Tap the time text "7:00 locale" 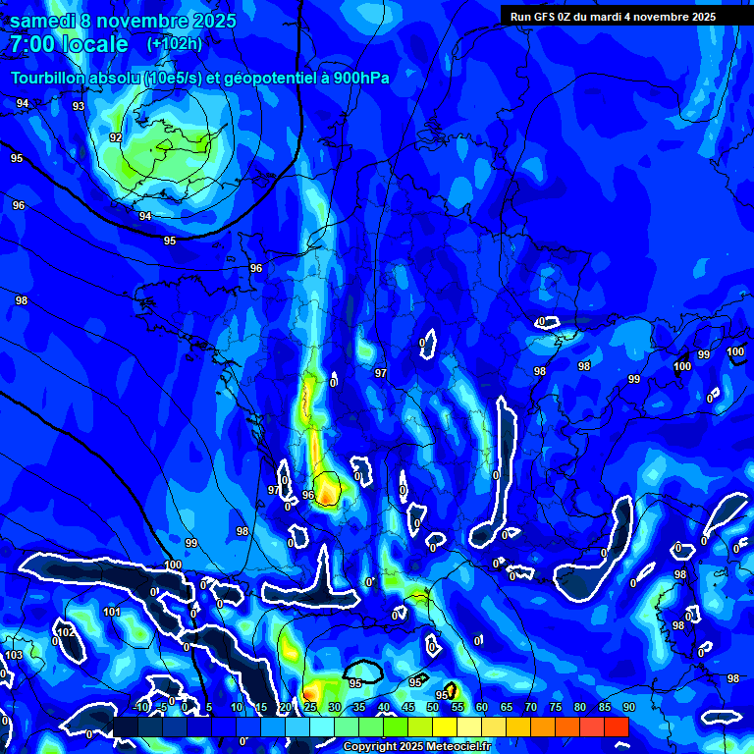tap(69, 44)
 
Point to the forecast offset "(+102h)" tap(174, 44)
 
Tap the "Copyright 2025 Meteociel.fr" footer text tap(416, 747)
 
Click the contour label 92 tap(116, 137)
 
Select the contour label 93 tap(79, 106)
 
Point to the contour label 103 tap(14, 655)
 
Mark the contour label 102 tap(66, 633)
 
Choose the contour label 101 tap(112, 612)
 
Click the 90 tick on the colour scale tap(628, 707)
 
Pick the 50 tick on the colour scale tap(432, 707)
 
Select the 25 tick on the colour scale tap(309, 707)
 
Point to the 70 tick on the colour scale tap(530, 707)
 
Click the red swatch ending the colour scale tap(616, 727)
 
